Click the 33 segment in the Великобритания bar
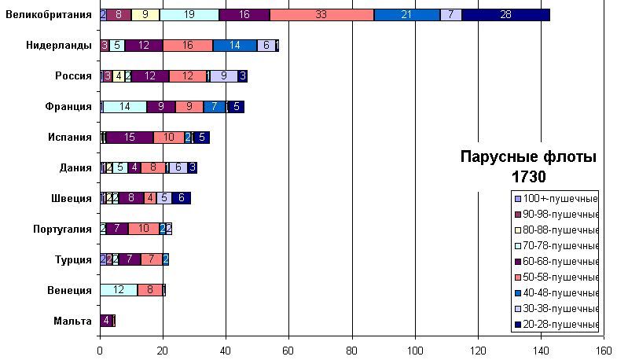(321, 14)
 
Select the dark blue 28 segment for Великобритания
(505, 14)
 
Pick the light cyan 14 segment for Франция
(125, 107)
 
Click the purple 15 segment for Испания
(130, 138)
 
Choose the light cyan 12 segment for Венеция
(119, 290)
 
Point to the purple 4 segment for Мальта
(106, 321)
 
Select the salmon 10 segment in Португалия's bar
(143, 229)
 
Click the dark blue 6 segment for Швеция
(181, 198)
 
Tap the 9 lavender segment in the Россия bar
(224, 76)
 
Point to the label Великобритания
(49, 14)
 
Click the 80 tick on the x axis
(352, 351)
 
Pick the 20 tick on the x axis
(163, 351)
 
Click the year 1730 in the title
(527, 177)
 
